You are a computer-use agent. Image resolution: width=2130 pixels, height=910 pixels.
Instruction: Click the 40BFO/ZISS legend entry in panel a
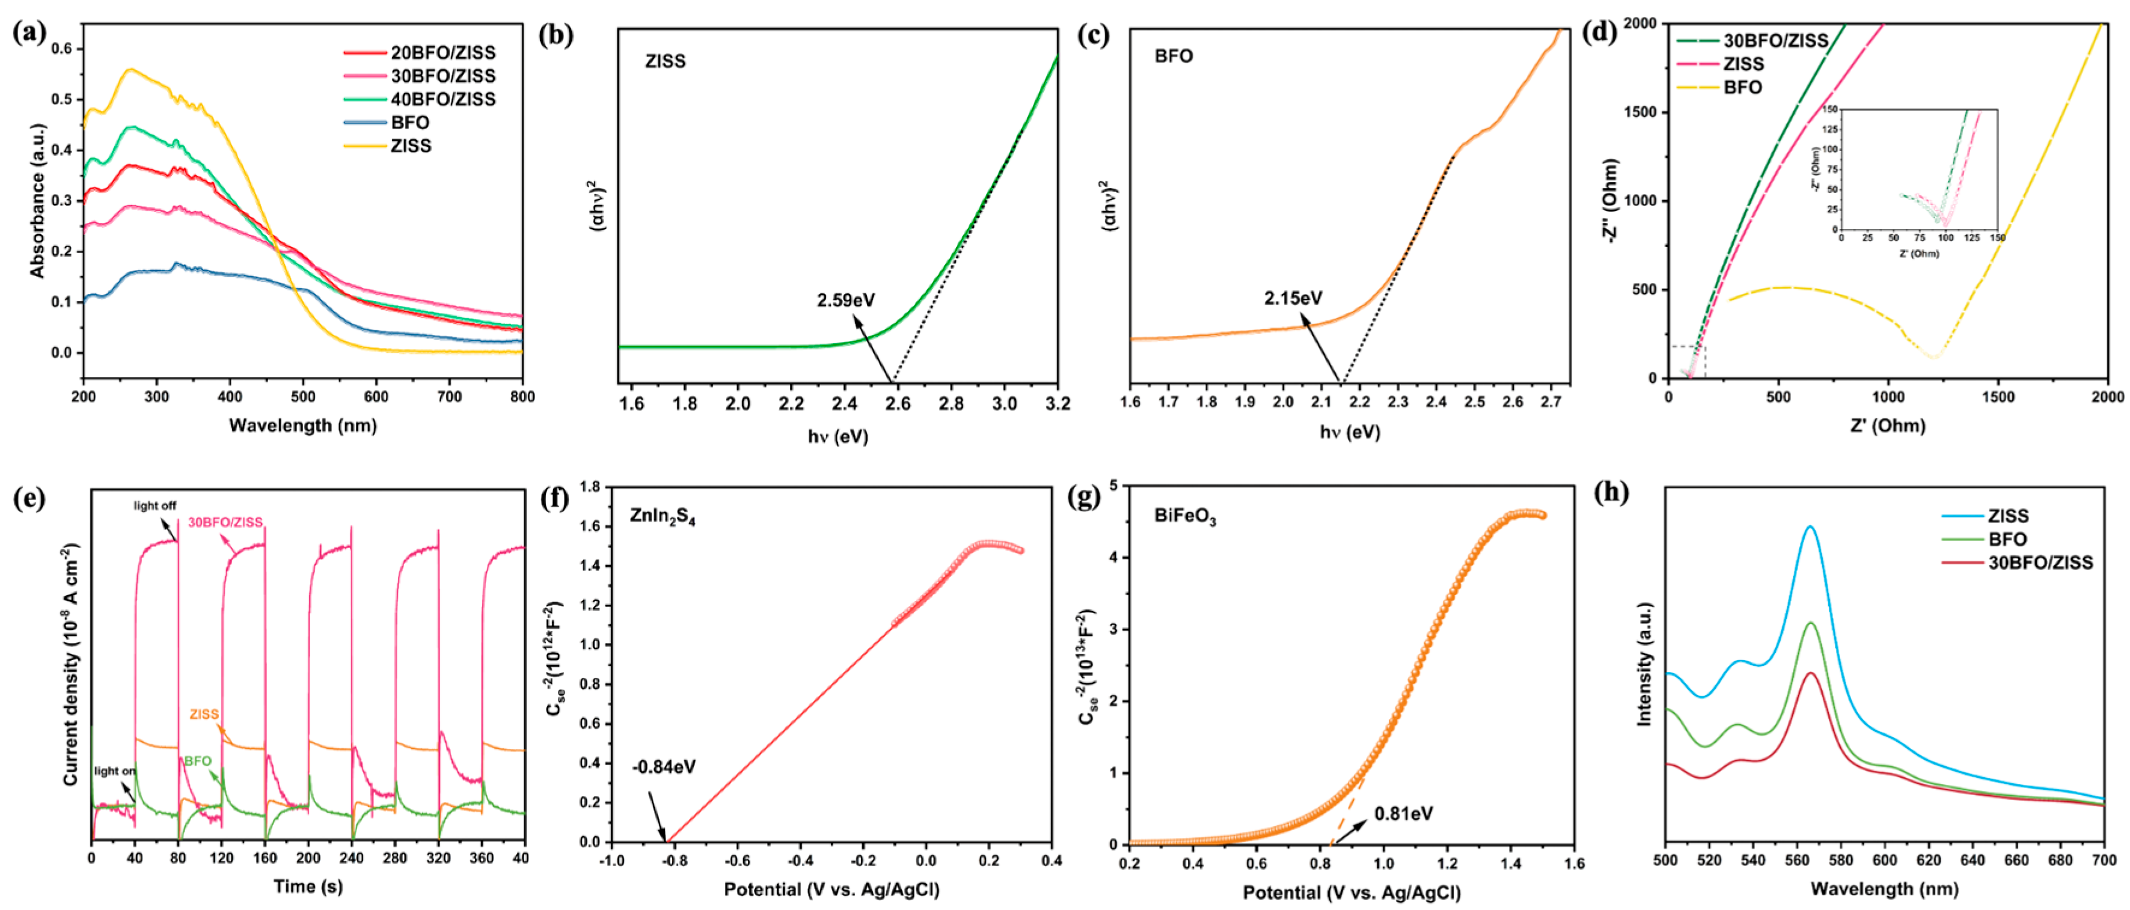pyautogui.click(x=442, y=99)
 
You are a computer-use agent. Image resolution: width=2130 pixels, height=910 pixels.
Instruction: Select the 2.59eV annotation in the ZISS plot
pyautogui.click(x=845, y=300)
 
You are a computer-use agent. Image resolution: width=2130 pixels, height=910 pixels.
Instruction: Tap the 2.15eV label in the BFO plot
pyautogui.click(x=1293, y=298)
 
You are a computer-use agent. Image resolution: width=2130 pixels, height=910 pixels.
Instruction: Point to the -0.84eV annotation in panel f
pyautogui.click(x=663, y=767)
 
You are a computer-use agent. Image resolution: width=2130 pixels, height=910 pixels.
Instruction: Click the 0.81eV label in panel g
pyautogui.click(x=1403, y=814)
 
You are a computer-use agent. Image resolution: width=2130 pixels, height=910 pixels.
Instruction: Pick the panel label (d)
pyautogui.click(x=1597, y=32)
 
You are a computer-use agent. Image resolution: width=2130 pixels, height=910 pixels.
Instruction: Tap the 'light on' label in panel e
pyautogui.click(x=114, y=771)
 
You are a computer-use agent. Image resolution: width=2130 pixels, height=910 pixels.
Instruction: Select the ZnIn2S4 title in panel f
pyautogui.click(x=663, y=518)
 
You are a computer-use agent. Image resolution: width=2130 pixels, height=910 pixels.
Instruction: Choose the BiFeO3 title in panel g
pyautogui.click(x=1185, y=518)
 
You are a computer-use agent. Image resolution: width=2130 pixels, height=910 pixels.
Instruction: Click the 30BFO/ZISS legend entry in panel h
pyautogui.click(x=2040, y=563)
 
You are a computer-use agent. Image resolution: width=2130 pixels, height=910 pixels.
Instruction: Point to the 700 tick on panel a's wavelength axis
pyautogui.click(x=449, y=397)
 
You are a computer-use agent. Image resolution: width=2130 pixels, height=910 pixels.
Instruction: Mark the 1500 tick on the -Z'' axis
pyautogui.click(x=1641, y=112)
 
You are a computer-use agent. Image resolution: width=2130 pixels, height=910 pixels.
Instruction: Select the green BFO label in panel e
pyautogui.click(x=198, y=761)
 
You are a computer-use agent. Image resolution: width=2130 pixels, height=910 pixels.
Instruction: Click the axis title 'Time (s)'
pyautogui.click(x=308, y=886)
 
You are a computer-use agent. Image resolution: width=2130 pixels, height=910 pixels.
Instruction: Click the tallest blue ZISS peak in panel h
pyautogui.click(x=1810, y=527)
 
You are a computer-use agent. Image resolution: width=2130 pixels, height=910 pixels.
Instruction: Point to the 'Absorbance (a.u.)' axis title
pyautogui.click(x=37, y=201)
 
